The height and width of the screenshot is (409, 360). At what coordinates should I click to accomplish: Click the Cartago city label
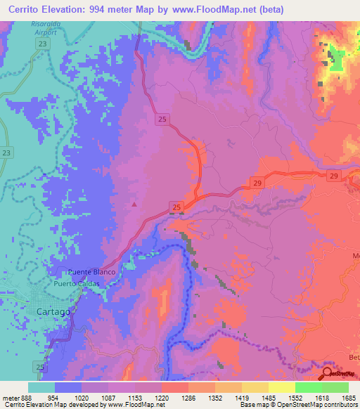tap(53, 311)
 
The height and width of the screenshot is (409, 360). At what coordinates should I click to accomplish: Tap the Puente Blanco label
tap(89, 272)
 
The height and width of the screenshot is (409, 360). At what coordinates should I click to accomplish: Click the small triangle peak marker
tap(134, 204)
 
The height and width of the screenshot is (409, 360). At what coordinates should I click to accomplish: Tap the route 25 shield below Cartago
tap(40, 367)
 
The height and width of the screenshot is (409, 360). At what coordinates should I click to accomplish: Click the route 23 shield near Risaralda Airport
tap(44, 44)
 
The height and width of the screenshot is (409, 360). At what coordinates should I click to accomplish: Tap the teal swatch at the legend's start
tap(41, 387)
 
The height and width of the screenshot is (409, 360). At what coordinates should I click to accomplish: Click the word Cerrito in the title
tap(26, 9)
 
